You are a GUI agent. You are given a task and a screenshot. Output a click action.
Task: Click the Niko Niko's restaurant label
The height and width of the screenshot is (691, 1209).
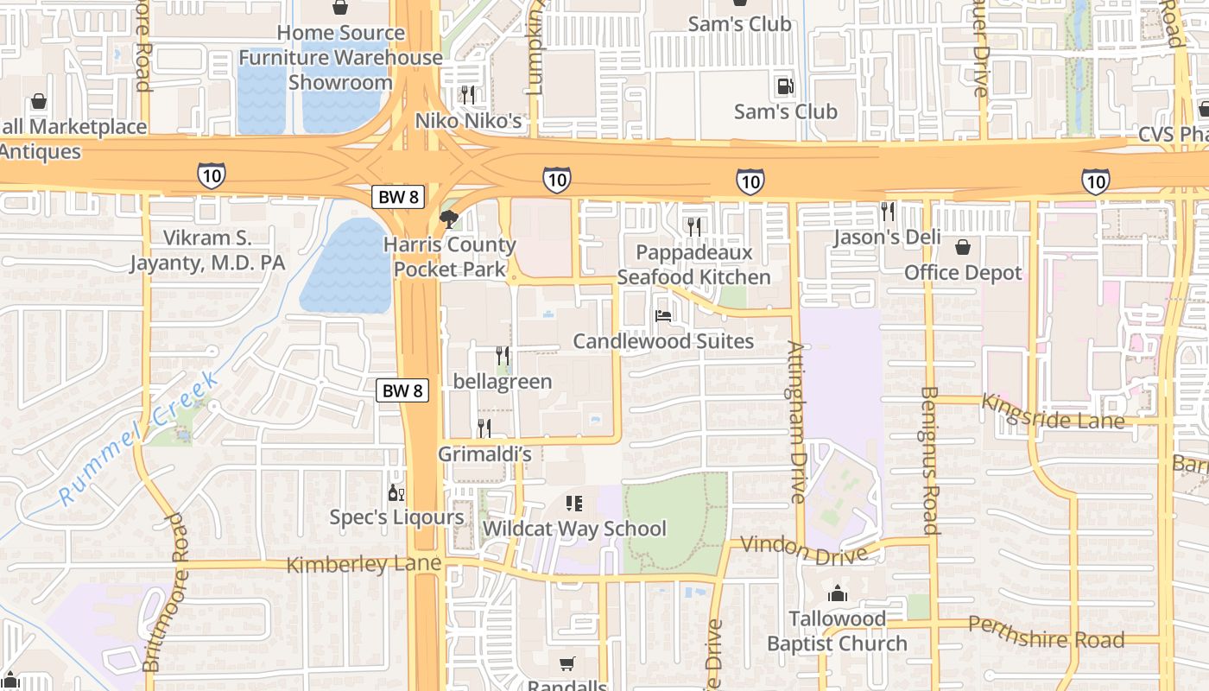tap(469, 120)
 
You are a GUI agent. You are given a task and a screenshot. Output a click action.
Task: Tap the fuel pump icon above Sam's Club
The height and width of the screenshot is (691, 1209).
tap(785, 86)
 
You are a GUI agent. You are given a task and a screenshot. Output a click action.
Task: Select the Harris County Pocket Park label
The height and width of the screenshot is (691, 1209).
tap(450, 257)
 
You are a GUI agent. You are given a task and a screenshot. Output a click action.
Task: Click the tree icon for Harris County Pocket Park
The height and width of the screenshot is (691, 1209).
tap(448, 219)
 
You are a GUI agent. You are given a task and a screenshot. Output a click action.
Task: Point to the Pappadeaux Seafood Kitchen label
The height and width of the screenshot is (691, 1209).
tap(694, 265)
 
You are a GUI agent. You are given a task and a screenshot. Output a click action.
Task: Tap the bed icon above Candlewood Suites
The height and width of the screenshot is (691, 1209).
tap(663, 316)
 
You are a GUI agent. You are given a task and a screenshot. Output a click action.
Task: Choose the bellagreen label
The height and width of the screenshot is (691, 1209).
tap(503, 382)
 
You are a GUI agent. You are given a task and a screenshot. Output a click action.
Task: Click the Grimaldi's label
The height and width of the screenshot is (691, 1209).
tap(484, 453)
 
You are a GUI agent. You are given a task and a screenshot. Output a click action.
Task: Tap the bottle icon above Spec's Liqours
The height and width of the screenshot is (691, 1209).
tap(396, 493)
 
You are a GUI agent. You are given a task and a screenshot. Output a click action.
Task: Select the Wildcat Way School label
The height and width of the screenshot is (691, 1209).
tap(574, 529)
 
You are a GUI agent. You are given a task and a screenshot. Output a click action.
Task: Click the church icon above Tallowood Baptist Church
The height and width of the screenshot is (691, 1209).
tap(837, 593)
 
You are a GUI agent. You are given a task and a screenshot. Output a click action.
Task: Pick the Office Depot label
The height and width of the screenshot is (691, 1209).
tap(963, 273)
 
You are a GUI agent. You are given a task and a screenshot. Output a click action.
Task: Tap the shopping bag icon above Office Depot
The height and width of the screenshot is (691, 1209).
tap(963, 248)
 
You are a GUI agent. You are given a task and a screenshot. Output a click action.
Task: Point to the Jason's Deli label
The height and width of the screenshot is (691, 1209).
tap(887, 238)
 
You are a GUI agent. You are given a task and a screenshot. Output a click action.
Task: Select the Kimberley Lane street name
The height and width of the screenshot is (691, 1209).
tap(364, 564)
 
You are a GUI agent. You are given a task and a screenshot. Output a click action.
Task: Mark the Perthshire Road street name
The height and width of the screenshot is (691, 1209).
tap(1046, 632)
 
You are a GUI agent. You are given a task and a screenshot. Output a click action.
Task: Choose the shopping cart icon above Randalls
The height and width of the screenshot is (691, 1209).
tap(567, 663)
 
